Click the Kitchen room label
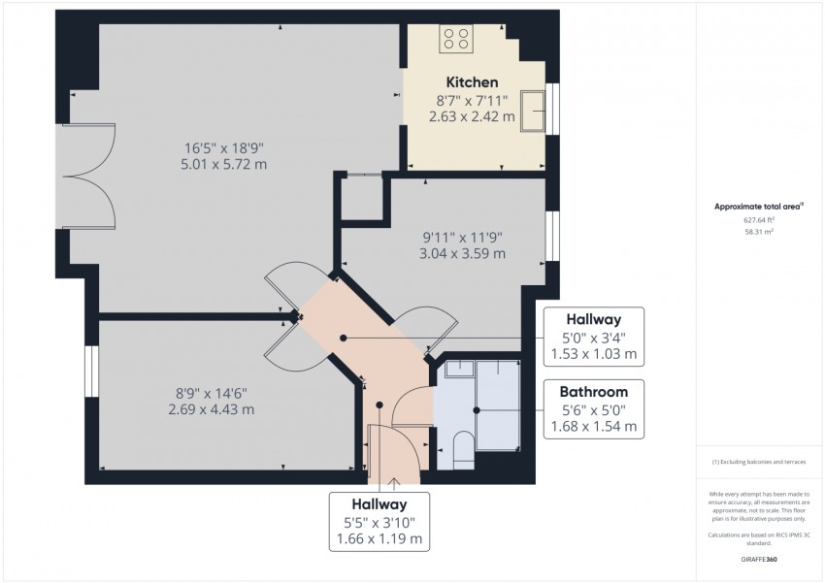[x=472, y=82]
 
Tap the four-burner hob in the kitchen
[x=456, y=39]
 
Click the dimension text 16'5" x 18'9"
[x=224, y=147]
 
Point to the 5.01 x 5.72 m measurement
[x=224, y=164]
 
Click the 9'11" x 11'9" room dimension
[x=462, y=237]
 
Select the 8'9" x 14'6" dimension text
[x=212, y=393]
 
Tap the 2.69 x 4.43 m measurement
[x=212, y=409]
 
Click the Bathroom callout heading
[x=592, y=392]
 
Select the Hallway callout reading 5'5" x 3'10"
[x=379, y=521]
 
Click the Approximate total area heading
[x=759, y=207]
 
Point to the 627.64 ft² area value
[x=759, y=220]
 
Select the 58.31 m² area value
[x=759, y=233]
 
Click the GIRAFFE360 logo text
[x=759, y=561]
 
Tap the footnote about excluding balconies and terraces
[x=759, y=461]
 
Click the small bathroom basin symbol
[x=458, y=369]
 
